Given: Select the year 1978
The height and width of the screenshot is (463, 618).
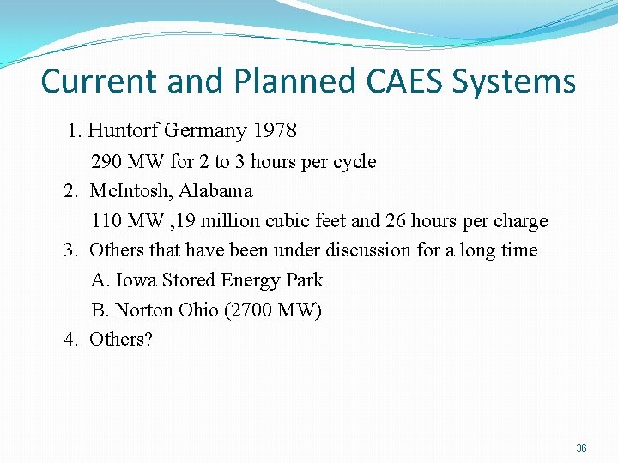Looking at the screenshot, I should click(275, 131).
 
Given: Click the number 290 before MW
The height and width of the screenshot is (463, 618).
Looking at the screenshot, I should click(106, 162).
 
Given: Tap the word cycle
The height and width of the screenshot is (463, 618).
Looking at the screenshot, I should click(354, 162).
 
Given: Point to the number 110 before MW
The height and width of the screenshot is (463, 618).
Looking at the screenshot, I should click(106, 221).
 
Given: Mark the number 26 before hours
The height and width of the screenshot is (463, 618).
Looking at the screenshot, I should click(396, 221).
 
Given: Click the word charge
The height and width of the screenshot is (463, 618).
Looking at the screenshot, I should click(521, 221).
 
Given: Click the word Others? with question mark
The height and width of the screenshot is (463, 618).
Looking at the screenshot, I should click(121, 340).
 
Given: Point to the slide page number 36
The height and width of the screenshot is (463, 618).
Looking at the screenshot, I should click(581, 448).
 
